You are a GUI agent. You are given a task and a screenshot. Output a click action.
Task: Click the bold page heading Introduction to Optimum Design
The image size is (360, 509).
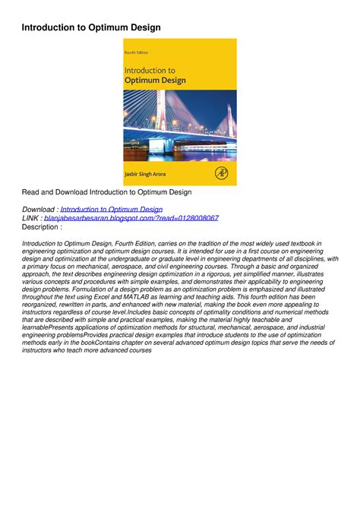tap(90, 27)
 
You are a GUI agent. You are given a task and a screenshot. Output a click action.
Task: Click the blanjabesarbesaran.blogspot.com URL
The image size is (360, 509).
tap(131, 217)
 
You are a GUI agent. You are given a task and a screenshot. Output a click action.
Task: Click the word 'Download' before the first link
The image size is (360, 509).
tap(38, 208)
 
